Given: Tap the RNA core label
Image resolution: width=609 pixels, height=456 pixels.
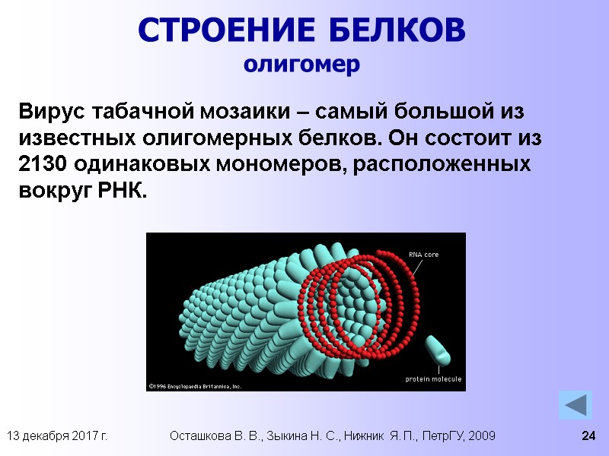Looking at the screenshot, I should click(423, 255).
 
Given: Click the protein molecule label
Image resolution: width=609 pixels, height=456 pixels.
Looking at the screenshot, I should click(433, 378).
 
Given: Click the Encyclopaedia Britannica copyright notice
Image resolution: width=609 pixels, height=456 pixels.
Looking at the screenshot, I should click(195, 386).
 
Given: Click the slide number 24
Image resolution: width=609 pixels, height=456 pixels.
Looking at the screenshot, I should click(588, 436).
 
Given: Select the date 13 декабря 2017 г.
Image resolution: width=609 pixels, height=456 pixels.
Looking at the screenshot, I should click(56, 436).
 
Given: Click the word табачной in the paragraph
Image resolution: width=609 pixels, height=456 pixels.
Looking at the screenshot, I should click(137, 112).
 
